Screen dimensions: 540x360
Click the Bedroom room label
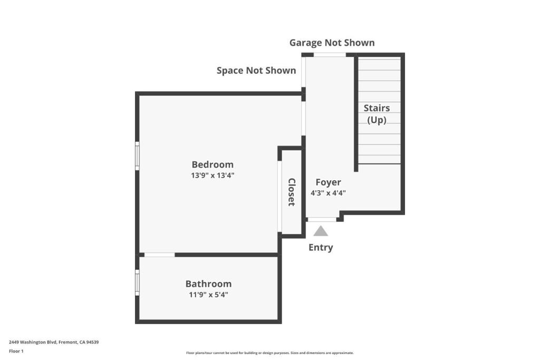coord(213,164)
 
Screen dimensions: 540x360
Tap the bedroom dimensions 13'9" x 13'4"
coord(213,175)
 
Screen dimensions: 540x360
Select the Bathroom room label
coord(208,284)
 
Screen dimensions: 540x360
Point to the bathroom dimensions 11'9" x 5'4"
coord(208,295)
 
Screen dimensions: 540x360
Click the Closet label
coord(291,192)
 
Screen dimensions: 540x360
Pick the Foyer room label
coord(328,182)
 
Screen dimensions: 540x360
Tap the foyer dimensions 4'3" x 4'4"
coord(328,193)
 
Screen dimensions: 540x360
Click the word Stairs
coord(377,108)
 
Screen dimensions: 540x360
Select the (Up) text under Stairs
coord(377,120)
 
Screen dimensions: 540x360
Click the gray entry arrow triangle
coord(321,231)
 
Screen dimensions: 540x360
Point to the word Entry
coord(321,247)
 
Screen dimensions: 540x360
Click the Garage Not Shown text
coord(332,43)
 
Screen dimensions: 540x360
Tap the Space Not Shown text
coord(256,71)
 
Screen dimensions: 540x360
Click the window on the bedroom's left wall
coord(137,156)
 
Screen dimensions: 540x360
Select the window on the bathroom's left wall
coord(137,283)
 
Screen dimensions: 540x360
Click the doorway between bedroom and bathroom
coord(159,255)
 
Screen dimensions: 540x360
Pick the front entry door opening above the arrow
coord(322,219)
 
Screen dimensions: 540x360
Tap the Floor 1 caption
coord(16,351)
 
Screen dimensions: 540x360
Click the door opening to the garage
coord(330,55)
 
